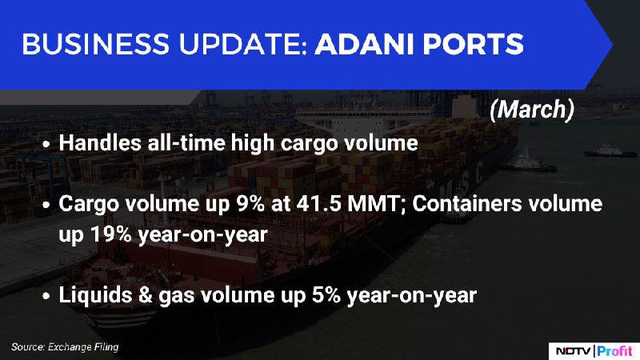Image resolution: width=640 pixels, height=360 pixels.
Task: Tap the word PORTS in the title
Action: click(x=473, y=44)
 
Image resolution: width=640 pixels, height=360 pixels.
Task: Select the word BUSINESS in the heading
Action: click(x=95, y=44)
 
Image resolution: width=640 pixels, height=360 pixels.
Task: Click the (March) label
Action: click(x=532, y=110)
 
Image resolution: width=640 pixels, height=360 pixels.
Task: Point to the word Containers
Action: click(x=467, y=204)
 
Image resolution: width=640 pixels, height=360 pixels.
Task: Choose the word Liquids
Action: click(x=95, y=295)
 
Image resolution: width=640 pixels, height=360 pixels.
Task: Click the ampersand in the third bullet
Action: click(x=146, y=295)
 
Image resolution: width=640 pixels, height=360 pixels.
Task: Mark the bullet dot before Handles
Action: click(x=46, y=145)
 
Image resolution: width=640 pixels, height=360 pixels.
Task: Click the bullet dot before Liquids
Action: click(x=46, y=296)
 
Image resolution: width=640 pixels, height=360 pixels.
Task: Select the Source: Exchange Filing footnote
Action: click(x=65, y=347)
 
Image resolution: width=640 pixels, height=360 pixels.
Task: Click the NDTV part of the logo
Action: click(x=573, y=350)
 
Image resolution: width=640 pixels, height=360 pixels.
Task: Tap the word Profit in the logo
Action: click(x=614, y=350)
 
